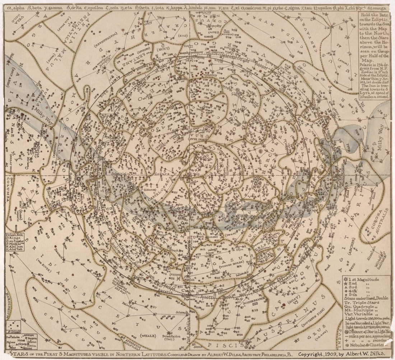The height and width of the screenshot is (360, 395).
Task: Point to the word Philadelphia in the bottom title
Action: click(264, 354)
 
